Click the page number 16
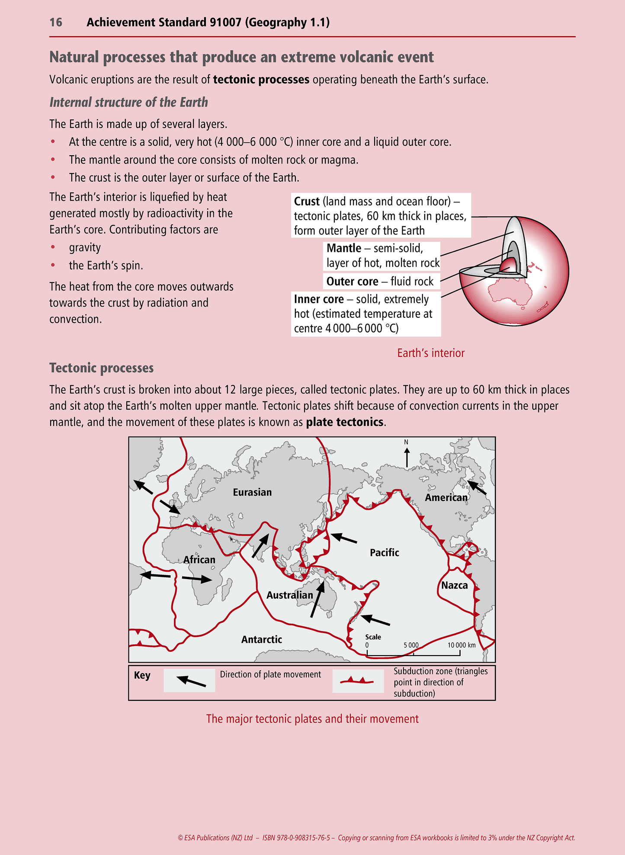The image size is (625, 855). tap(56, 22)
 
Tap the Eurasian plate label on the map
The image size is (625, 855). tap(252, 492)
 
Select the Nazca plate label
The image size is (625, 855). tap(454, 586)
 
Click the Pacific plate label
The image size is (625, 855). tap(384, 552)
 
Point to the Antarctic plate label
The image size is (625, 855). tap(261, 639)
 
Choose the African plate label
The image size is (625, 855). tap(199, 560)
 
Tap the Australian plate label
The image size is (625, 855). tap(289, 595)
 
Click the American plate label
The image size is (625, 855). tap(446, 498)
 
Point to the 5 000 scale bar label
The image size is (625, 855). tap(411, 645)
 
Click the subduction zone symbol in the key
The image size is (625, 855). tap(357, 680)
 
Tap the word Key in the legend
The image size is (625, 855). tap(142, 676)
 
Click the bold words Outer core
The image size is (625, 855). tap(352, 282)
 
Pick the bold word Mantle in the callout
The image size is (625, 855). tap(344, 248)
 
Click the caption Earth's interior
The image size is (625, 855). tap(431, 353)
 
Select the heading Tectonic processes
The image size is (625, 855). tap(102, 368)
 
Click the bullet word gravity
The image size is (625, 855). tap(85, 247)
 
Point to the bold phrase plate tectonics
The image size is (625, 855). tap(345, 422)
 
